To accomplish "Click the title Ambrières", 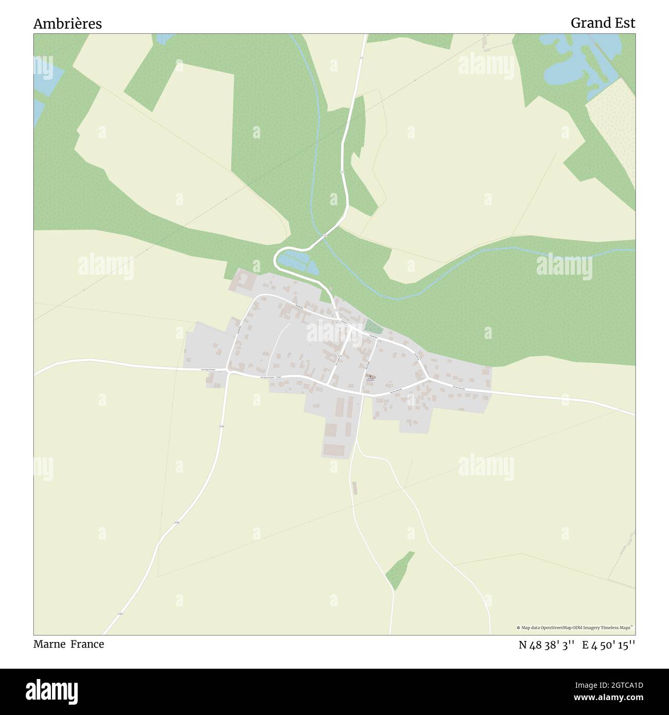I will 67,24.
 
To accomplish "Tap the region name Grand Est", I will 603,23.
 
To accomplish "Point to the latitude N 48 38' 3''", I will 547,645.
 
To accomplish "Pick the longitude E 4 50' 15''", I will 608,645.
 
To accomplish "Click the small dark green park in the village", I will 374,327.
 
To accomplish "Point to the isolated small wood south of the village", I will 400,570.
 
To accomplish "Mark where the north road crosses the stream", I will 326,235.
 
